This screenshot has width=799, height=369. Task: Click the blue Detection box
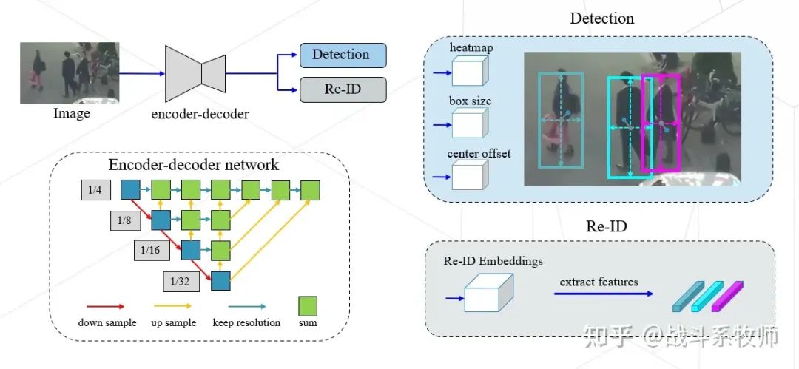pos(343,55)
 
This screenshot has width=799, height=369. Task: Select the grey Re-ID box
pos(343,89)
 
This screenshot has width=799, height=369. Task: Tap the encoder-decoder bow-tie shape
pos(195,73)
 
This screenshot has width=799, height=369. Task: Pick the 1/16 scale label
pos(152,251)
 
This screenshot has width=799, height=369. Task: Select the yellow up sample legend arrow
pos(172,305)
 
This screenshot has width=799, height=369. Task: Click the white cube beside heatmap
pos(468,72)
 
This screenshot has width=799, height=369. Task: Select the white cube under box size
pos(468,123)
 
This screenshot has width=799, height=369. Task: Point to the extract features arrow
pos(603,294)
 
